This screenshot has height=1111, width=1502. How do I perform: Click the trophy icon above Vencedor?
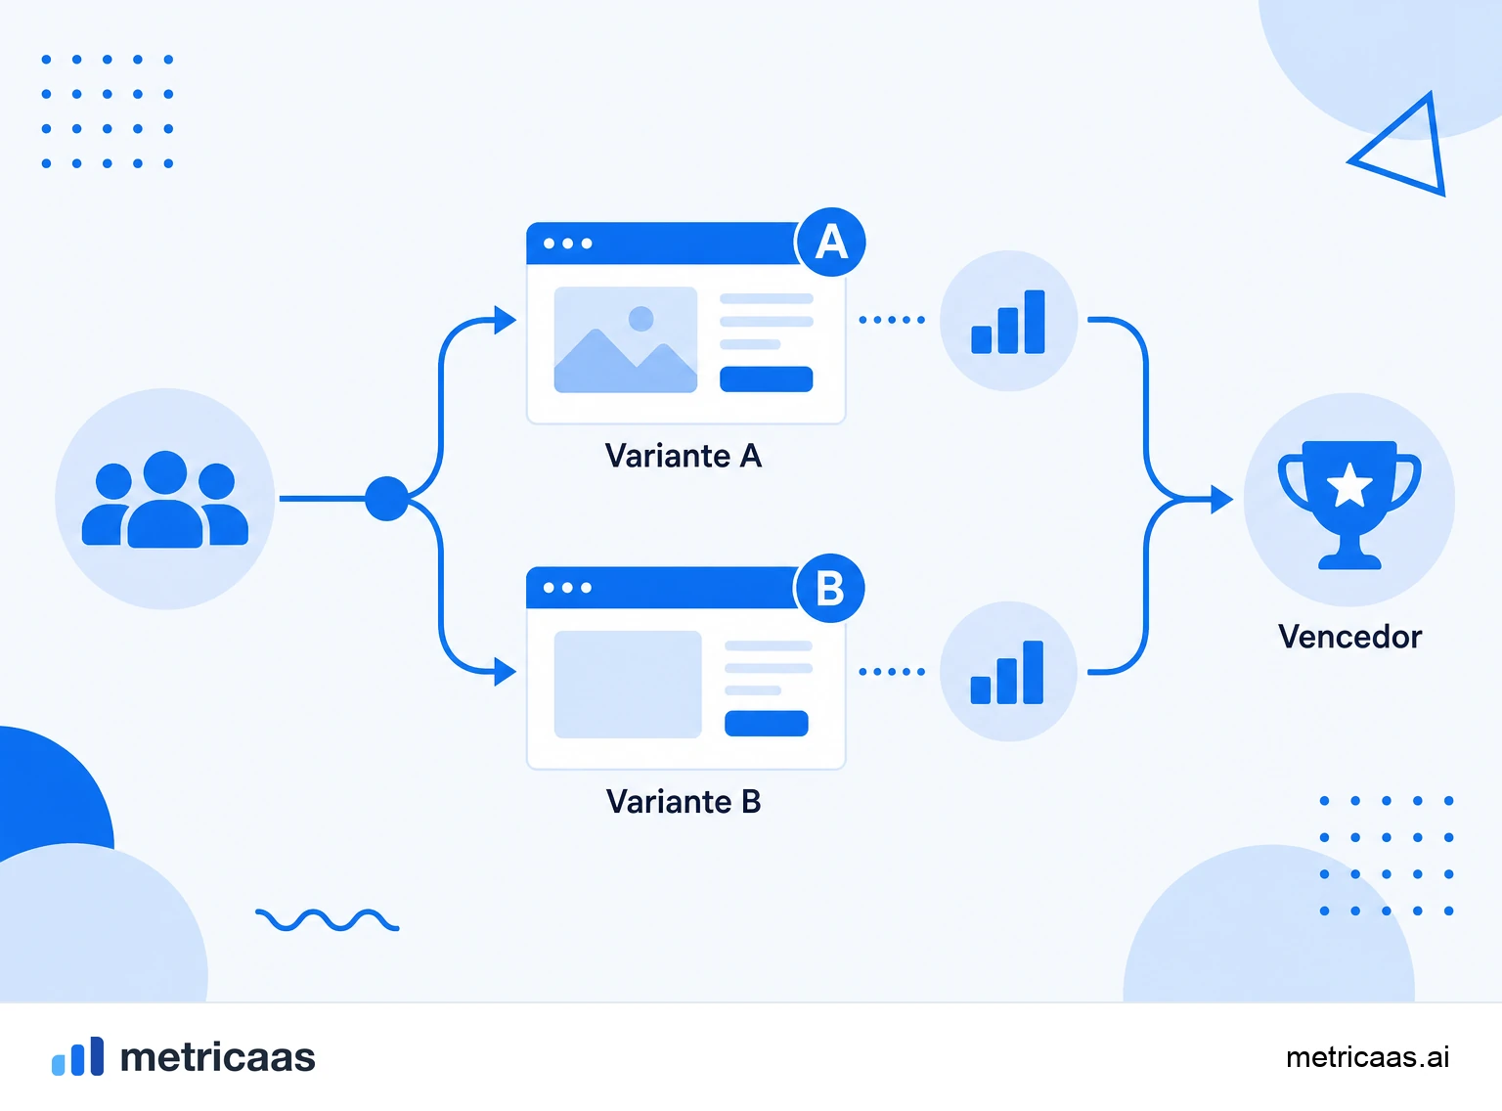tap(1348, 505)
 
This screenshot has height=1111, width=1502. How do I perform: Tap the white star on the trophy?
tap(1349, 486)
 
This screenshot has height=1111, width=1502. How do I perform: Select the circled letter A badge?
tap(831, 242)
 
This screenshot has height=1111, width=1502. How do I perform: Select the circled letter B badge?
tap(829, 588)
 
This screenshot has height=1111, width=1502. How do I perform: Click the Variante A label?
tap(684, 456)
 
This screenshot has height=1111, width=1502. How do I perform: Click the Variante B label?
tap(684, 801)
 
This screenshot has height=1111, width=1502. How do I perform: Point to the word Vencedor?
tap(1349, 637)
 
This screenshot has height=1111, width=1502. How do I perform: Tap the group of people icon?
tap(164, 499)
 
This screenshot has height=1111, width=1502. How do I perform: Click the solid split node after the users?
tap(386, 499)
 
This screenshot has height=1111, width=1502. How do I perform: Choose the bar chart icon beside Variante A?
tap(1007, 322)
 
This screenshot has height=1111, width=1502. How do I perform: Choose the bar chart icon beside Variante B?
tap(1006, 672)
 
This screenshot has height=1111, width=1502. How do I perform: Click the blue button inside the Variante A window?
tap(766, 379)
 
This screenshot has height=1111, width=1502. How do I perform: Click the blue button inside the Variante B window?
tap(766, 724)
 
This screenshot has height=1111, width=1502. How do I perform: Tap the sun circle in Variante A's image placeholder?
tap(641, 319)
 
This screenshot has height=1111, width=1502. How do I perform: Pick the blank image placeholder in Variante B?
tap(628, 685)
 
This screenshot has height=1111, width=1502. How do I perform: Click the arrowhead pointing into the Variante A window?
tap(506, 320)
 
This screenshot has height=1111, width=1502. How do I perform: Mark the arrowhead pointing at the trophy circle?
tap(1221, 500)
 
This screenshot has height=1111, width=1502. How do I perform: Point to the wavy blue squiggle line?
tap(327, 920)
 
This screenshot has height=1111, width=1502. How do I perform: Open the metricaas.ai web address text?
tap(1367, 1057)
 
